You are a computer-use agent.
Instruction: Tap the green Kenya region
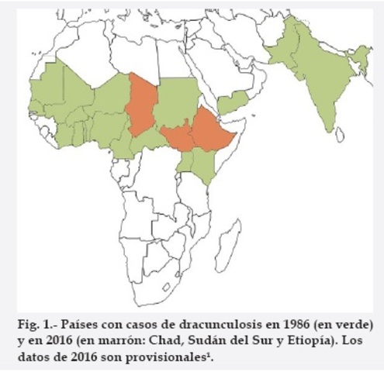click(203, 164)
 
